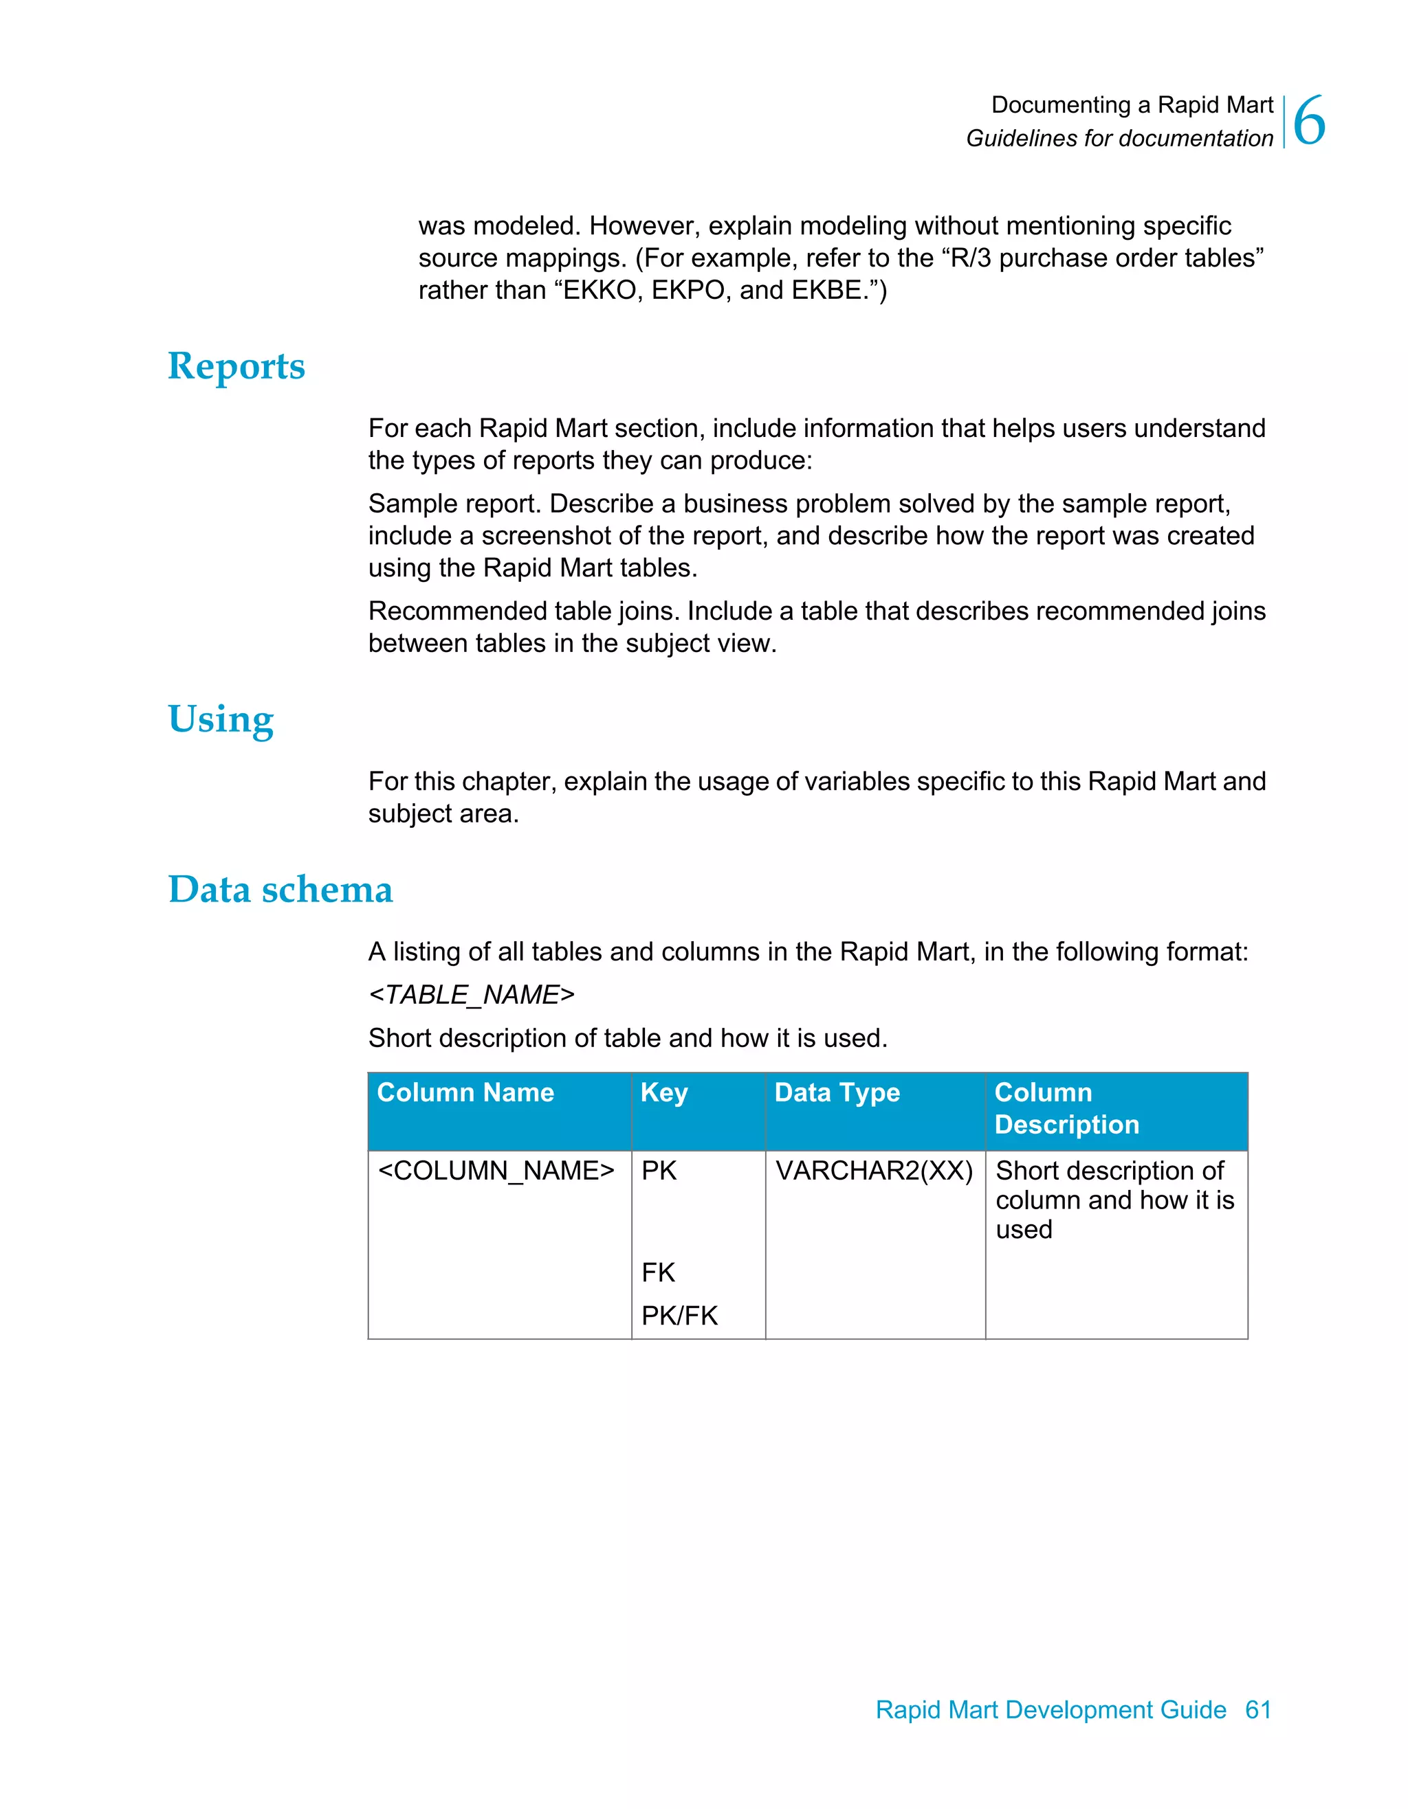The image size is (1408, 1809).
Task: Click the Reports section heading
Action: [x=236, y=366]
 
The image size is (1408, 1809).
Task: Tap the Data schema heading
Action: [x=280, y=890]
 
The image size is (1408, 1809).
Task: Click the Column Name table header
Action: [x=465, y=1092]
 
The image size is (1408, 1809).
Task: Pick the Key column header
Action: [x=664, y=1092]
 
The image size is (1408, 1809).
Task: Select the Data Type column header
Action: [x=836, y=1092]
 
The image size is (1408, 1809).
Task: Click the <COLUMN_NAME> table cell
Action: [x=496, y=1170]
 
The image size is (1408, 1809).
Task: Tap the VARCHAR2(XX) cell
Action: [x=874, y=1170]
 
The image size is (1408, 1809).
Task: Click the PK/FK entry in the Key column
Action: [x=679, y=1315]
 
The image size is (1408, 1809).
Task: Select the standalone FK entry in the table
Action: [x=658, y=1272]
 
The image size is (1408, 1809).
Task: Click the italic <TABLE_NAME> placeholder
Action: [x=471, y=994]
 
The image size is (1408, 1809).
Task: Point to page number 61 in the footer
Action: [x=1257, y=1709]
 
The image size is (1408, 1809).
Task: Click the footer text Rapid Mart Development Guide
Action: [x=1050, y=1709]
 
